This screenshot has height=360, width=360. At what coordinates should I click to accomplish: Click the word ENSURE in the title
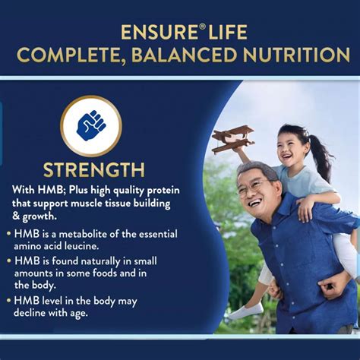[159, 32]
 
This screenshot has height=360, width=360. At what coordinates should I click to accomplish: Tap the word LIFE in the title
[228, 32]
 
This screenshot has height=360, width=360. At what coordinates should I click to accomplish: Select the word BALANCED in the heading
[185, 55]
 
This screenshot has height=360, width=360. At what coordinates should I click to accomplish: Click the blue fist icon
[90, 125]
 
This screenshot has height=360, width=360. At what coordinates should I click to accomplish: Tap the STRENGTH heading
[94, 170]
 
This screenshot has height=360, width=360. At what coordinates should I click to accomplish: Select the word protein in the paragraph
[163, 191]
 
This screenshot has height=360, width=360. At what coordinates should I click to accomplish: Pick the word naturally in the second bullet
[100, 261]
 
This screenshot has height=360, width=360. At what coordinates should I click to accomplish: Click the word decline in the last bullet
[30, 313]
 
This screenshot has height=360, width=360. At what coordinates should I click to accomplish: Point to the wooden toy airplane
[233, 139]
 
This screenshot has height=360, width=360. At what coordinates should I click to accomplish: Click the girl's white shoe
[246, 311]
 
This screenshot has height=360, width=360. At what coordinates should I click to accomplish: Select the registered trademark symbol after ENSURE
[201, 28]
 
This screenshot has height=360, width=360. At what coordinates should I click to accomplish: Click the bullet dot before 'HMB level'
[9, 301]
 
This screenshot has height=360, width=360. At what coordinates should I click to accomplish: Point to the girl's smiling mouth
[287, 156]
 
